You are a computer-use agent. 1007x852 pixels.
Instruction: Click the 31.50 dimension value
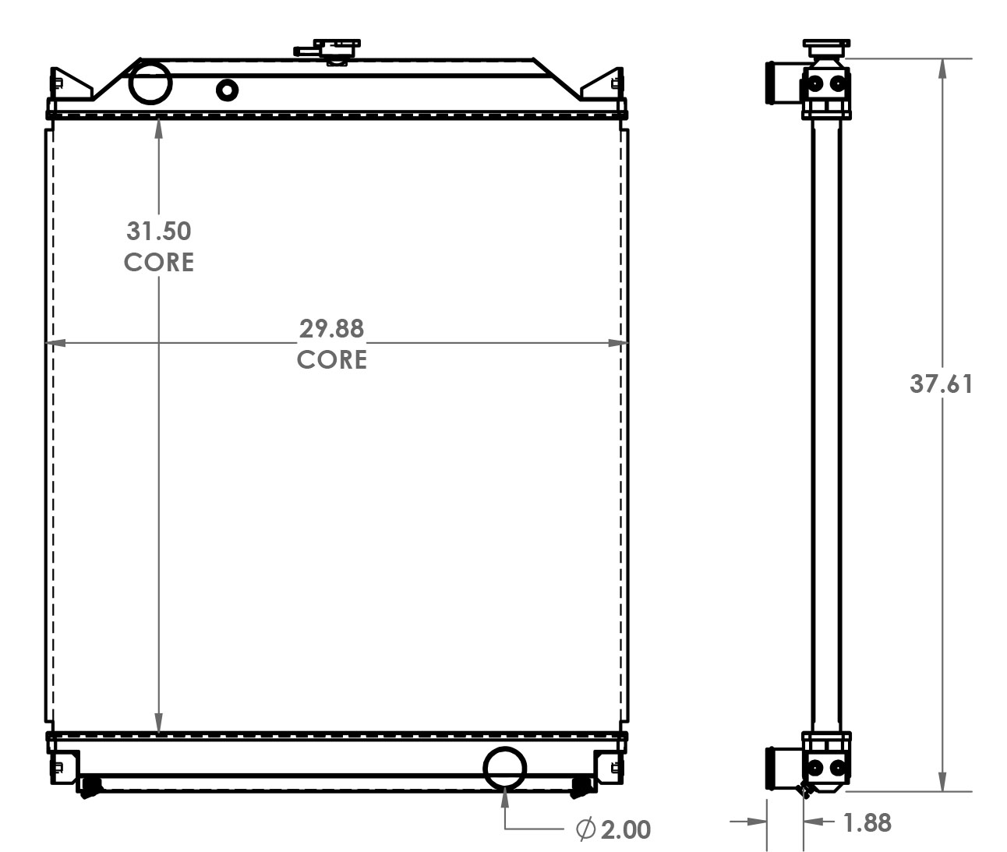(159, 231)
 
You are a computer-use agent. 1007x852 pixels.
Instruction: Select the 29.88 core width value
(332, 328)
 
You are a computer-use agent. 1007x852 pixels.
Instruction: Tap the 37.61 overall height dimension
(941, 384)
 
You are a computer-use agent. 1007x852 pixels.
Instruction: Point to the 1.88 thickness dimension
(867, 823)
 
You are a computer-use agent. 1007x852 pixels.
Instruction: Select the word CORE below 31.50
(159, 262)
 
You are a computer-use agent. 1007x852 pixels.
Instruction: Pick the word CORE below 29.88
(332, 359)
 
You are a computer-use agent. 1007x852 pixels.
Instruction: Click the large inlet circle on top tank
(150, 83)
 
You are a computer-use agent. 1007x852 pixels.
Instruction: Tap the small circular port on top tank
(227, 90)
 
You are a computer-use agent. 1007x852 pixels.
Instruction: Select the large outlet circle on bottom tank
(505, 768)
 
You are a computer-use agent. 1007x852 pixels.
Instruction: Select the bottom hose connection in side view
(783, 768)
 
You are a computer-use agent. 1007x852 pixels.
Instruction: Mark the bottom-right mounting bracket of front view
(609, 767)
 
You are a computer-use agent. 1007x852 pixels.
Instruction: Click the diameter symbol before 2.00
(585, 829)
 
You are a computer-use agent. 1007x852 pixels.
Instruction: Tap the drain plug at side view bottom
(806, 790)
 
